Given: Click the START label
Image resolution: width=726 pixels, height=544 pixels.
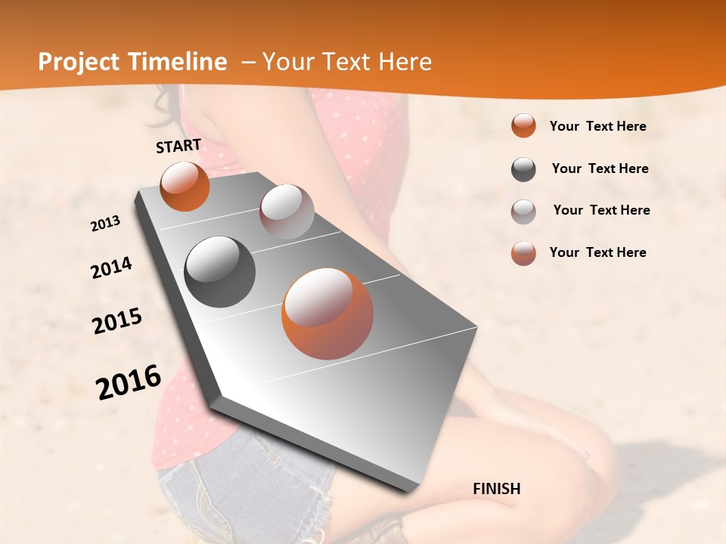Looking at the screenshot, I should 178,146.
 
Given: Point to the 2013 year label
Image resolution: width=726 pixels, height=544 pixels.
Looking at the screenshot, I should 106,224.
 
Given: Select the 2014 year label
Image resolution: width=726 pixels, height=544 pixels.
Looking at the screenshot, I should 112,268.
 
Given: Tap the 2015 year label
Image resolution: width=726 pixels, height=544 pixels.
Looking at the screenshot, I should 117,321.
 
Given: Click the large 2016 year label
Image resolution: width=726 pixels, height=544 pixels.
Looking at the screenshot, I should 129,382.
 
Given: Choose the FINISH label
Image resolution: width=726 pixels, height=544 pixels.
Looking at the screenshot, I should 497,489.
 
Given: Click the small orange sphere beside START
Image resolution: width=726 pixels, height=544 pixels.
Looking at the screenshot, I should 185,186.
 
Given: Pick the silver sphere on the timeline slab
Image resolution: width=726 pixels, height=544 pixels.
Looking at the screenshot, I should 287,212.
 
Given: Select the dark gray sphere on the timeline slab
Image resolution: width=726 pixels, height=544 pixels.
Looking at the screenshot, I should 220,272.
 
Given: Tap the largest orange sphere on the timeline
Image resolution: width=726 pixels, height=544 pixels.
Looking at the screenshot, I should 327,314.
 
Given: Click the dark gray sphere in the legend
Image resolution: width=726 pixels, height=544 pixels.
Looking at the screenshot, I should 523,169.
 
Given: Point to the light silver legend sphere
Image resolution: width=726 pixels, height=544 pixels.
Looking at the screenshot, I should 523,212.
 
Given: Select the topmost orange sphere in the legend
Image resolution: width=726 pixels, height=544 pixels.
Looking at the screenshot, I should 523,125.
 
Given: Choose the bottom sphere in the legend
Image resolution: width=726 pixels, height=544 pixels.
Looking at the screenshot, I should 523,253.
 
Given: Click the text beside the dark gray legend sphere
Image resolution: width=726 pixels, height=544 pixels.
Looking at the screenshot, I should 600,168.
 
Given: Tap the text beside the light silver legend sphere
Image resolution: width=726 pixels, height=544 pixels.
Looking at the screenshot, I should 601,210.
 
